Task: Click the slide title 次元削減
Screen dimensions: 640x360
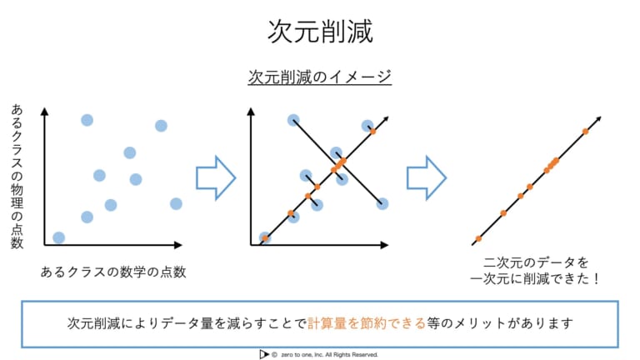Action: [x=320, y=32]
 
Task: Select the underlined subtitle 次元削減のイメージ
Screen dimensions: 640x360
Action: [x=320, y=77]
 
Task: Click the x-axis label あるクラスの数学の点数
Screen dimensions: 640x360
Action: [x=113, y=272]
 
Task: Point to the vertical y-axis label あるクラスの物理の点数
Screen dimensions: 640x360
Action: [x=17, y=177]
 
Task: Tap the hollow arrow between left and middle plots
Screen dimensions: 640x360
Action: [x=216, y=178]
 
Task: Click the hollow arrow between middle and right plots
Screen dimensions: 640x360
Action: [x=427, y=178]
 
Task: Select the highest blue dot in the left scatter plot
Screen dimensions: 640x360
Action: [x=87, y=120]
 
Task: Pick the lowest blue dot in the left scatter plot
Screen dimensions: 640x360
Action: [x=59, y=237]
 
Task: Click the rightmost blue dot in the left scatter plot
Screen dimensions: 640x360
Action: [x=176, y=203]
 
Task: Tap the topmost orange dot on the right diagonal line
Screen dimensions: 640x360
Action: [x=585, y=132]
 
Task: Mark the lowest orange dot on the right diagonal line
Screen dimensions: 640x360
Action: [x=478, y=239]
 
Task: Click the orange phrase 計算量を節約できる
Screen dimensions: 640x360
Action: [x=367, y=323]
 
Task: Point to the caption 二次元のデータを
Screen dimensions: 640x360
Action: [x=536, y=262]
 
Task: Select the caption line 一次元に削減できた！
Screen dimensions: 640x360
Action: [x=536, y=279]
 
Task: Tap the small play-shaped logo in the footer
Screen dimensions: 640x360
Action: [x=263, y=354]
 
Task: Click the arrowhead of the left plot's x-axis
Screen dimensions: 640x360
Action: [x=178, y=245]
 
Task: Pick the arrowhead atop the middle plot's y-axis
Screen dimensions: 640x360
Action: [x=251, y=112]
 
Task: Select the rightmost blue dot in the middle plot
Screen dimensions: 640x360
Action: [x=382, y=203]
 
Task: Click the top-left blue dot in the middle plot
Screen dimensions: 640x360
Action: [x=293, y=120]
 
